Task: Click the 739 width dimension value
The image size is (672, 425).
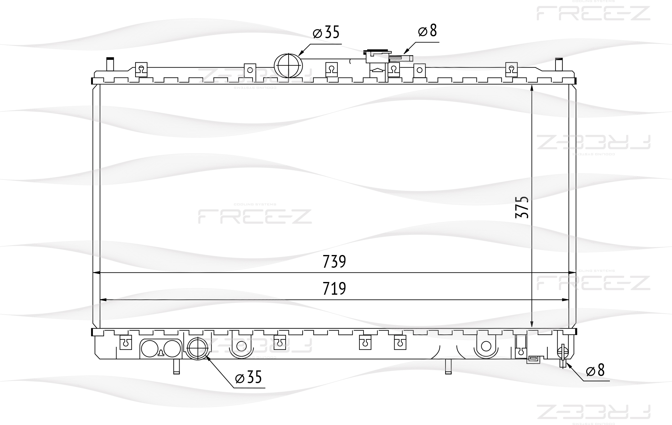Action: pos(334,262)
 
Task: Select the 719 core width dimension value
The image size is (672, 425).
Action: pos(334,289)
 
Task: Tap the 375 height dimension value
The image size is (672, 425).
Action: pos(522,207)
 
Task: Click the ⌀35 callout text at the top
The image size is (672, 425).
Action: pos(326,33)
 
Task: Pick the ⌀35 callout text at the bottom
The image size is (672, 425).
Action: pos(249,377)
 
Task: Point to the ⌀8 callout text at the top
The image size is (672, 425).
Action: pos(427,31)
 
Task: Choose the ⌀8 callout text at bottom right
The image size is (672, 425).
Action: pos(595,370)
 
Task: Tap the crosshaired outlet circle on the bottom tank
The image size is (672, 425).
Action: pos(198,349)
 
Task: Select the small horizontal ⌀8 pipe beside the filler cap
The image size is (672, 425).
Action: pos(401,58)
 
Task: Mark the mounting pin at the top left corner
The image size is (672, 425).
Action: pos(110,64)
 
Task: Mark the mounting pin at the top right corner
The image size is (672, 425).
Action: pos(559,64)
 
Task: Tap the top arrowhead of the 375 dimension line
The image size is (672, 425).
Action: pos(532,87)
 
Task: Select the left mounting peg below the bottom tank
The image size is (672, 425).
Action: pos(176,366)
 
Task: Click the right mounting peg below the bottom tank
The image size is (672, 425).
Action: pos(448,366)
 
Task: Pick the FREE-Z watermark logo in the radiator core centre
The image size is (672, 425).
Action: pos(255,216)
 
